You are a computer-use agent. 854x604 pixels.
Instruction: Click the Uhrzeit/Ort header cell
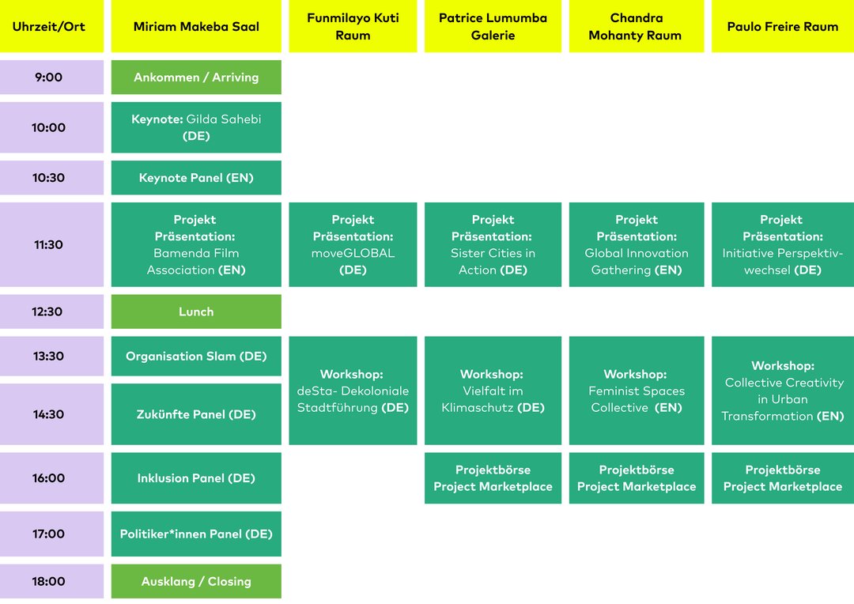(51, 26)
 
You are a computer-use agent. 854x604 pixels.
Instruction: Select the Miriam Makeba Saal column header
(196, 26)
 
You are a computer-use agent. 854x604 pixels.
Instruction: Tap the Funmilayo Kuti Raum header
(353, 26)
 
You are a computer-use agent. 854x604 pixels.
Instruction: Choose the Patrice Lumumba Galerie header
(493, 26)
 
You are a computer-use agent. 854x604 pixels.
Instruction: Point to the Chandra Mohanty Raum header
(636, 26)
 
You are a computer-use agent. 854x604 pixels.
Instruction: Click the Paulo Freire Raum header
(783, 26)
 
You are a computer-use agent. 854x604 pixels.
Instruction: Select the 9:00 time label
(51, 77)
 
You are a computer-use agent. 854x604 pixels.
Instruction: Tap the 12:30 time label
(51, 311)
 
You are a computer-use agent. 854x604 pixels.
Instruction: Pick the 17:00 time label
(51, 534)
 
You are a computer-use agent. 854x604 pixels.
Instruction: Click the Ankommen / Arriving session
(196, 77)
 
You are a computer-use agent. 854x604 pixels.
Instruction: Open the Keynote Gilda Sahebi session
(196, 127)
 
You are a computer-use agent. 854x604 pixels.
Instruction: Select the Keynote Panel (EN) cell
(196, 178)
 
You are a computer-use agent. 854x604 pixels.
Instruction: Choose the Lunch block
(196, 311)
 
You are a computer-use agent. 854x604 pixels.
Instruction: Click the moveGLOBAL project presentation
(353, 244)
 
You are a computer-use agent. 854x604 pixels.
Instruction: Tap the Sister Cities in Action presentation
(493, 244)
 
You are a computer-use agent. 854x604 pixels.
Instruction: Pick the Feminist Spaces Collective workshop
(636, 391)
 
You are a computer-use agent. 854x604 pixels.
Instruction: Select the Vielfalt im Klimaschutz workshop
(493, 391)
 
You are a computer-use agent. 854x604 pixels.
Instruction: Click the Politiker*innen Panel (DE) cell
(196, 534)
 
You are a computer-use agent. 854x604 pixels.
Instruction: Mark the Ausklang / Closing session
(196, 581)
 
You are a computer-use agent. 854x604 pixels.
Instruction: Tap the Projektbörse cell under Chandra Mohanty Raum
(636, 478)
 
